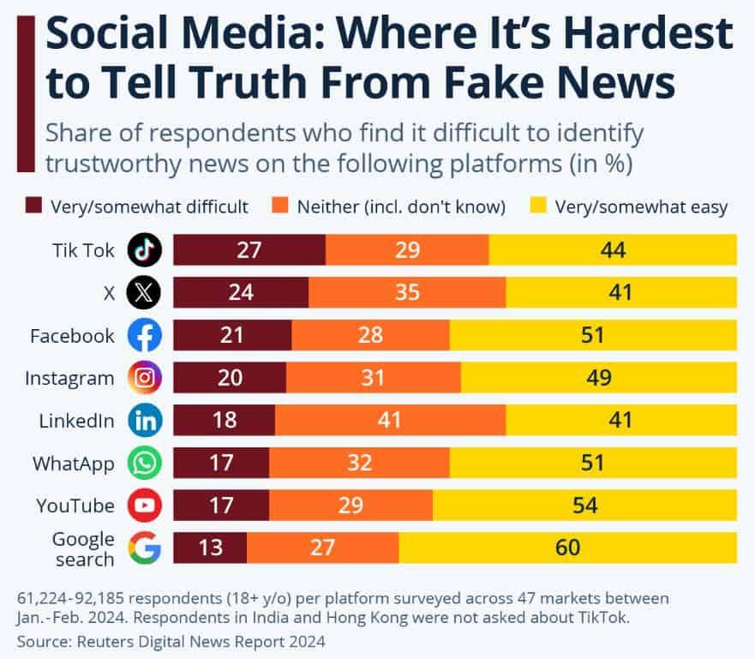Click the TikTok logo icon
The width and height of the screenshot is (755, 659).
tap(144, 250)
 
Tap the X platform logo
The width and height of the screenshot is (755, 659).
tap(144, 293)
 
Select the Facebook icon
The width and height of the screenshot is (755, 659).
tap(144, 336)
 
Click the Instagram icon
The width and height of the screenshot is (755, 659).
tap(144, 378)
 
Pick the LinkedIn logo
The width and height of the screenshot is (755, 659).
tap(144, 421)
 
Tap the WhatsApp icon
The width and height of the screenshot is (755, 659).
tap(144, 464)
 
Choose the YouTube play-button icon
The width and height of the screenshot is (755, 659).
tap(144, 506)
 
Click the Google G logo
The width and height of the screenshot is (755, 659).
tap(144, 548)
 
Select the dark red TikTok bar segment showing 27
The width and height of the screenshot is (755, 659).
tap(249, 250)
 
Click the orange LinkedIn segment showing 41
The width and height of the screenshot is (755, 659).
tap(390, 421)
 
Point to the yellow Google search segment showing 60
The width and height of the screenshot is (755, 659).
tap(567, 548)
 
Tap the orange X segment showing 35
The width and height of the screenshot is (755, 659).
tap(407, 293)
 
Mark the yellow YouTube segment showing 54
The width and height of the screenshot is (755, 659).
tap(584, 506)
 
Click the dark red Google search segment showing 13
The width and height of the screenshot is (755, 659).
tap(210, 548)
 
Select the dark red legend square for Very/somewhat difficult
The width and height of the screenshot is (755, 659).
tap(33, 206)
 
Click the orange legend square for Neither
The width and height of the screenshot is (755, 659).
tap(279, 206)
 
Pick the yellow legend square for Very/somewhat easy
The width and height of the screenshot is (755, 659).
tap(537, 206)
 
